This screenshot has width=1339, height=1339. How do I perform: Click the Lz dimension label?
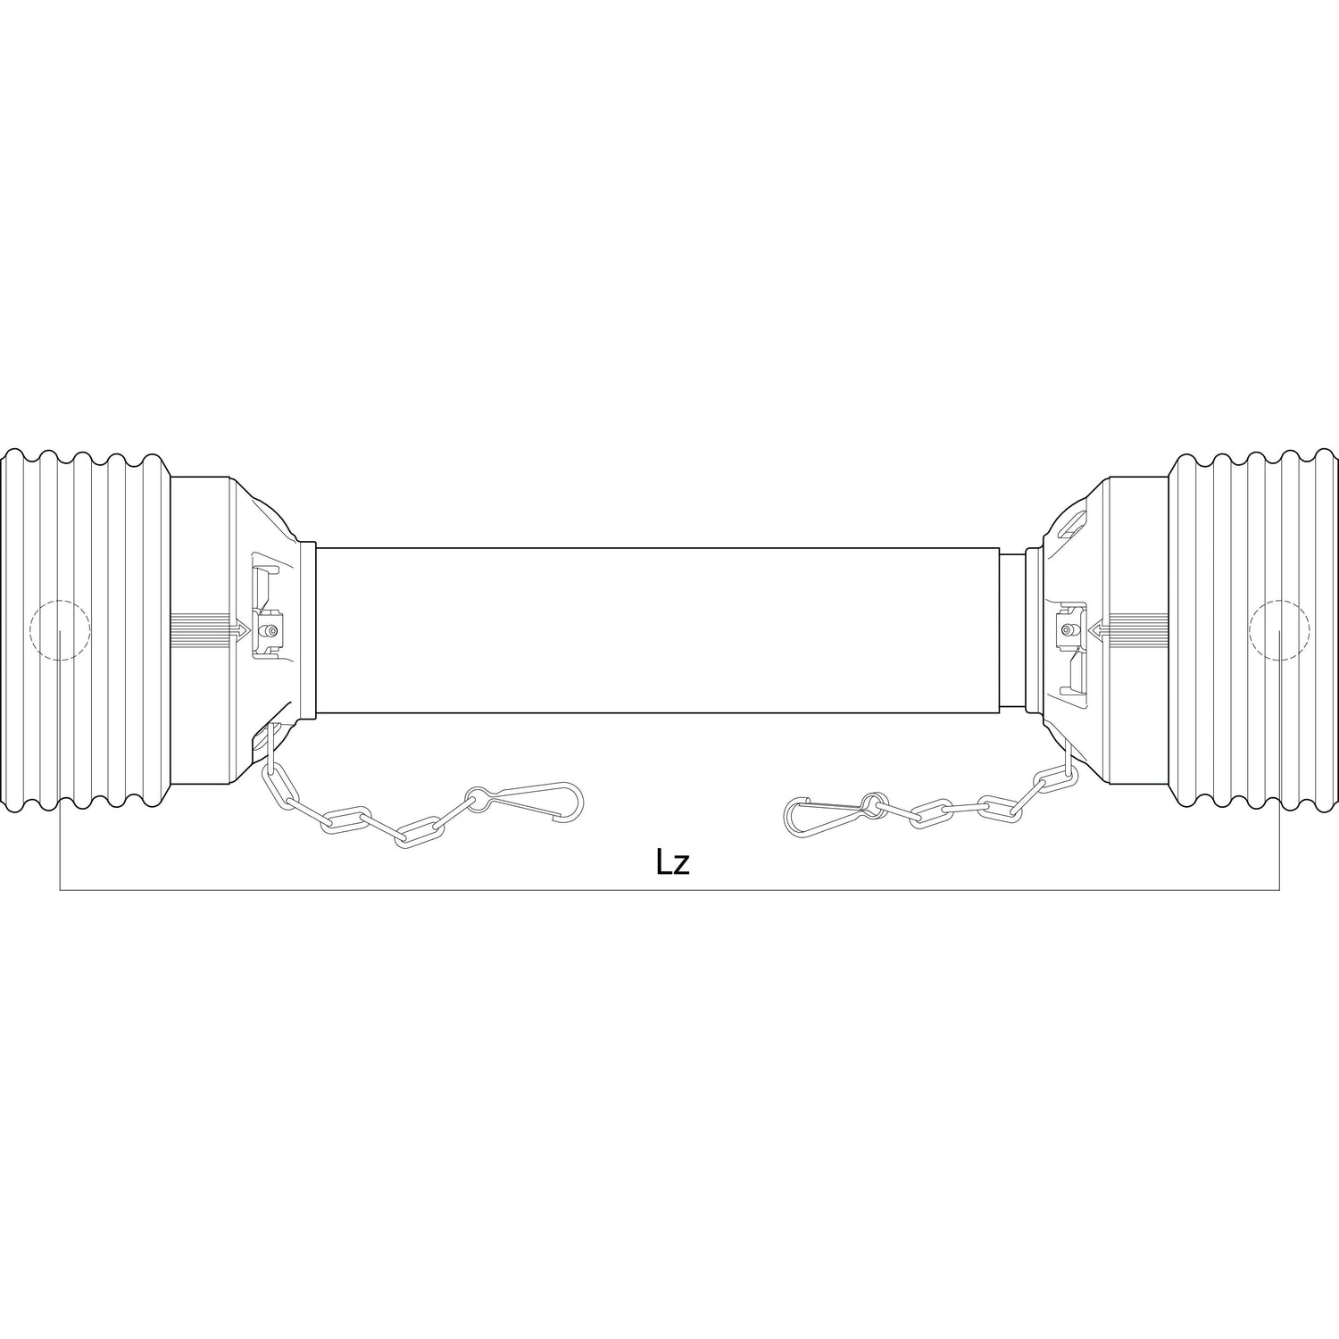click(x=673, y=863)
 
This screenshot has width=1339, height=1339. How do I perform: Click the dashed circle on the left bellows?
click(x=60, y=630)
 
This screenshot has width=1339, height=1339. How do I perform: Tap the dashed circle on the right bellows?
click(x=1279, y=630)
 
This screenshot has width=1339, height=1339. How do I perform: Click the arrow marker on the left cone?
click(x=239, y=630)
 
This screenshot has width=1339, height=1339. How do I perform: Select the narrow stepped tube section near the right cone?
click(x=1012, y=630)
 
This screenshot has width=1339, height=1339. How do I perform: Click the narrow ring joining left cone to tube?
click(x=308, y=630)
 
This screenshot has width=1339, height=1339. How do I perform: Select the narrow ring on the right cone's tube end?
click(x=1032, y=630)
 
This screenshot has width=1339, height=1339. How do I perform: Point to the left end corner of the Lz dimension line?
click(x=60, y=889)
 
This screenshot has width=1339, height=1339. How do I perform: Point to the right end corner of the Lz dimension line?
click(x=1279, y=889)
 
